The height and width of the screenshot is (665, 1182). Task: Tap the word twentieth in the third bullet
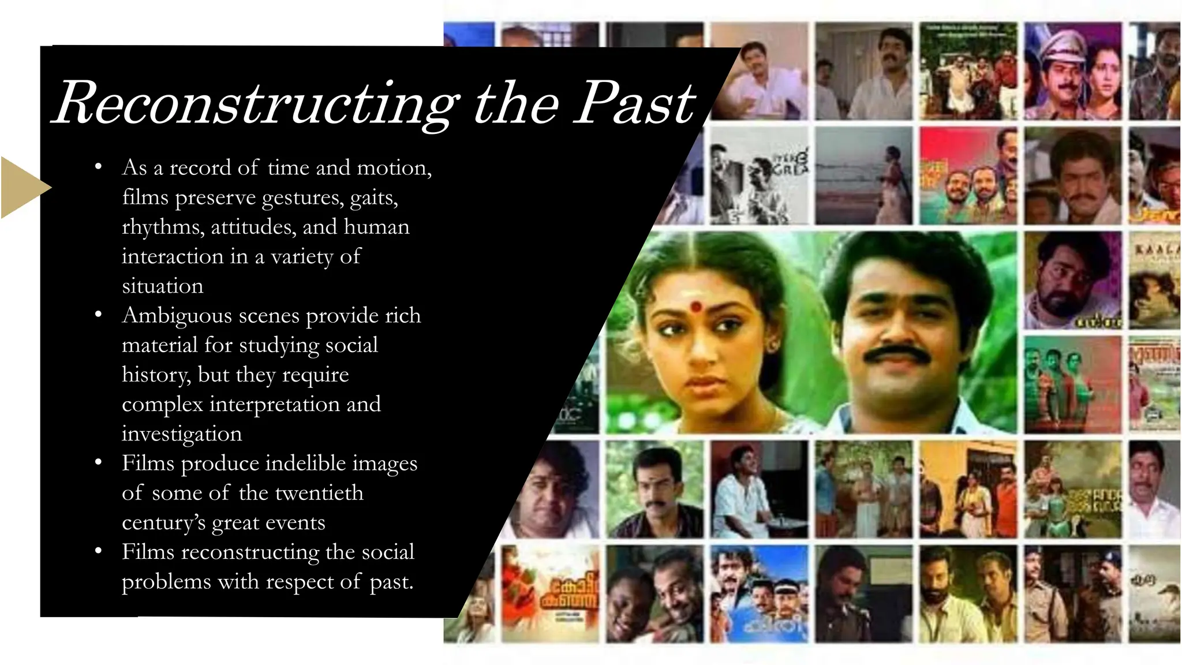tap(319, 493)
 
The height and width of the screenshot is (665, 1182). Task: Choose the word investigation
tap(181, 434)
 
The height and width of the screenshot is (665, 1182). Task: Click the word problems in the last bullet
tap(166, 581)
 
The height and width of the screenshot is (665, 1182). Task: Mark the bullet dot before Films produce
tap(99, 462)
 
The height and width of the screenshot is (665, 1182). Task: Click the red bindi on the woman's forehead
tap(695, 307)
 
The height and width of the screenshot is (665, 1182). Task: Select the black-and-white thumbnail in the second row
tap(758, 176)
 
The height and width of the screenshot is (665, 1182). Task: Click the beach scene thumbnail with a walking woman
tap(863, 176)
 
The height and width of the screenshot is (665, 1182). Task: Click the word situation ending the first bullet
tap(162, 286)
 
